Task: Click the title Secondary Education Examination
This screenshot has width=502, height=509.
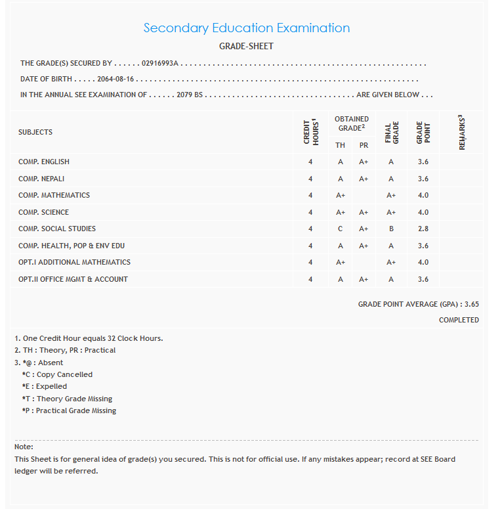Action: coord(246,28)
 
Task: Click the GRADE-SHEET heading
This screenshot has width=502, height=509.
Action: coord(246,47)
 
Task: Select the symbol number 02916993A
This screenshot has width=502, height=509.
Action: coord(160,64)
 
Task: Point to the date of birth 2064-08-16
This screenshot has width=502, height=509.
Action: coord(115,79)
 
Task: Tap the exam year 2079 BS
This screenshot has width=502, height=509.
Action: coord(190,95)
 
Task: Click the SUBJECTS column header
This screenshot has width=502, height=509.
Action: coord(35,132)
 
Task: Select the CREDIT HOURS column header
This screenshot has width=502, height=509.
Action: coord(310,132)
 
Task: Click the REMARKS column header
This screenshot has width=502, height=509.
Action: coord(462,132)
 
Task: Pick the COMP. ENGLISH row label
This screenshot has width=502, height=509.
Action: coord(44,162)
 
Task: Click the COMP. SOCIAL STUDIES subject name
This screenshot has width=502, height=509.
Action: coord(57,229)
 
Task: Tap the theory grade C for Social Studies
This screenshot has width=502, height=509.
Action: coord(340,229)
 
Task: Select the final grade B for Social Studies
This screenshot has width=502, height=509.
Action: coord(391,229)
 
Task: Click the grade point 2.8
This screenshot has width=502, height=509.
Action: coord(423,229)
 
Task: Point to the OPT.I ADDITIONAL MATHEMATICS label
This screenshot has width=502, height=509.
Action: coord(74,262)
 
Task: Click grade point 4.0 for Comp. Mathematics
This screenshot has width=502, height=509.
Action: coord(423,195)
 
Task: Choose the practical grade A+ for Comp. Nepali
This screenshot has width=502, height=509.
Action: coord(364,179)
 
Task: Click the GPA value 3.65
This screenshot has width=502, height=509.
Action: coord(471,304)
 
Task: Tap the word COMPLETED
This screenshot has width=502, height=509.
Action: coord(459,320)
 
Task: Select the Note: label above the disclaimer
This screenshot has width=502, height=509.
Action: coord(24,447)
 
